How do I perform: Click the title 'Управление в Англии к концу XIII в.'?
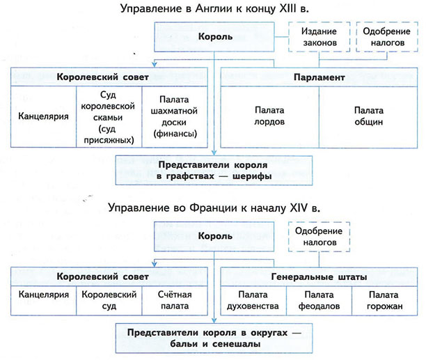pos(213,9)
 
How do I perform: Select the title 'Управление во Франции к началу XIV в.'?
pos(213,208)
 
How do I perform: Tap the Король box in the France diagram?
pos(217,236)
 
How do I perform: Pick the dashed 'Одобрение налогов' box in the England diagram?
pos(387,38)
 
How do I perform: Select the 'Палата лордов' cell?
pos(269,116)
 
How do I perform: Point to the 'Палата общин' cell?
pos(368,116)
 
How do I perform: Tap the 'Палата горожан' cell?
pos(384,299)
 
